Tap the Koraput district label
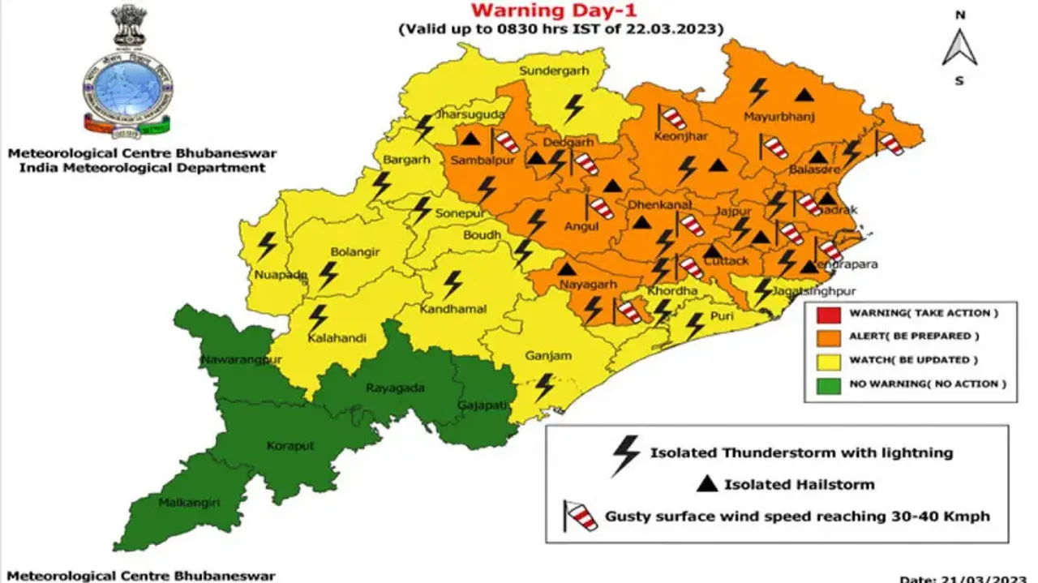[x=290, y=445]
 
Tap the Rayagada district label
[x=395, y=388]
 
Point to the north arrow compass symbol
[x=959, y=47]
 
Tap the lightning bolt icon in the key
[x=625, y=455]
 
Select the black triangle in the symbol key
[x=708, y=485]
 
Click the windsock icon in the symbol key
[x=581, y=515]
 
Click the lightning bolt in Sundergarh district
[x=574, y=107]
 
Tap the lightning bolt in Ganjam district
[x=545, y=387]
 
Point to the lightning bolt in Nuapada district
[x=266, y=245]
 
